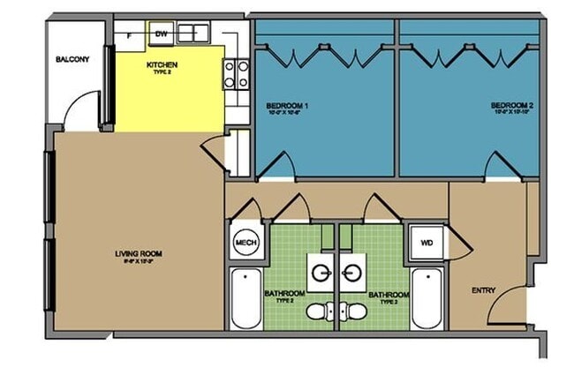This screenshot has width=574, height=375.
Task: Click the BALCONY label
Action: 72,60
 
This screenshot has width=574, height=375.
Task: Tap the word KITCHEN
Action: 161,64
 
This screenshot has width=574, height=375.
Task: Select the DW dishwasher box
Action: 161,34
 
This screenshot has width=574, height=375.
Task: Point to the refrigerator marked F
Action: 131,34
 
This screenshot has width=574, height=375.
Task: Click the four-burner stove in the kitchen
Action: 235,74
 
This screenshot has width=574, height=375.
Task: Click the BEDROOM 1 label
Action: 292,107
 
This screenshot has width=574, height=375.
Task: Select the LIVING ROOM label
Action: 139,254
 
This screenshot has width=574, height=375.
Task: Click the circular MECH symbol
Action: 245,243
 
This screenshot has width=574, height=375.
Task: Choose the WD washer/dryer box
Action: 427,242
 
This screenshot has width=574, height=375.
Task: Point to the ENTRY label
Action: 483,290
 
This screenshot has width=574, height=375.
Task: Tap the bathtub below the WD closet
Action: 427,298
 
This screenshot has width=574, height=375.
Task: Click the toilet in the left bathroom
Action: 329,311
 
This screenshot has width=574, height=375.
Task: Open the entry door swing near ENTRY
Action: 509,304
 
